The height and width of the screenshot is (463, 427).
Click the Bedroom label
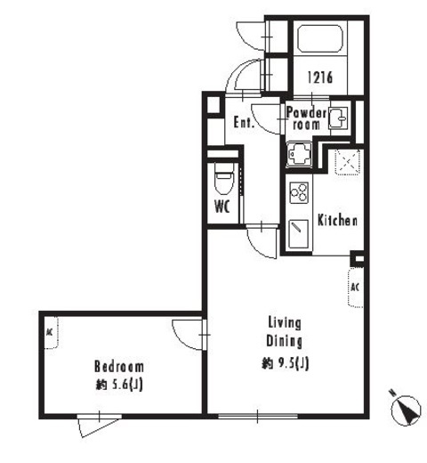click(119, 367)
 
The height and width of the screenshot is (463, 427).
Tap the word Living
click(285, 323)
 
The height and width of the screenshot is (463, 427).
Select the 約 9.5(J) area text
click(286, 363)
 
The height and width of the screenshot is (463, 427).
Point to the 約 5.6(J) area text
click(119, 385)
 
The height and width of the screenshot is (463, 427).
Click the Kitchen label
click(337, 220)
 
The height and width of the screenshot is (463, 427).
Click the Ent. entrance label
click(244, 122)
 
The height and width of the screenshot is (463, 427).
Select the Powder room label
click(306, 118)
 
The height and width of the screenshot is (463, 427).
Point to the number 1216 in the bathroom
click(319, 77)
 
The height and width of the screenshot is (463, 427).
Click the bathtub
click(320, 39)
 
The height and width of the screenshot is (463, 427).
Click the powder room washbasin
click(338, 118)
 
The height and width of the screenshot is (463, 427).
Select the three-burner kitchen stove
click(299, 192)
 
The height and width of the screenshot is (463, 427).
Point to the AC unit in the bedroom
click(52, 332)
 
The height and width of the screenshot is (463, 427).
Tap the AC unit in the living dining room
click(356, 288)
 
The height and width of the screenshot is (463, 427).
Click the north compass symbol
click(405, 410)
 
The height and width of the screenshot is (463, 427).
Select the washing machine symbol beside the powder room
click(299, 154)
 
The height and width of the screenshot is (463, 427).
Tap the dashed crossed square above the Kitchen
click(348, 162)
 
